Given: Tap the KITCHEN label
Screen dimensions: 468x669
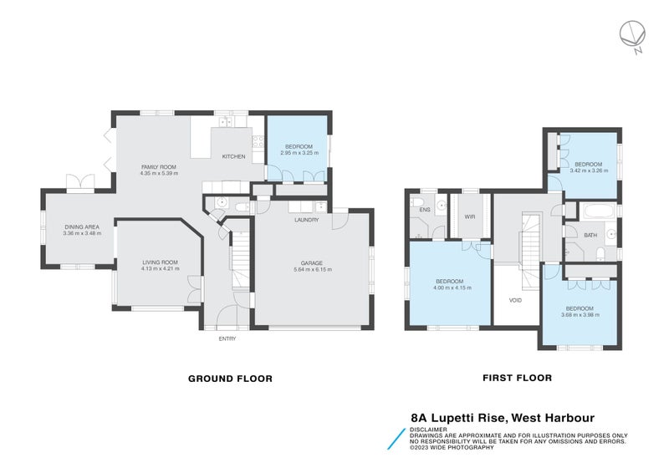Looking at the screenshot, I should (232, 157).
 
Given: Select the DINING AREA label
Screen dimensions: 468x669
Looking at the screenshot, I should (82, 226).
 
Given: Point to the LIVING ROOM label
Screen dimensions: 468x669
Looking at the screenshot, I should (159, 263).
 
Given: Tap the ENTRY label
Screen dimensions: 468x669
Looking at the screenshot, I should (227, 338).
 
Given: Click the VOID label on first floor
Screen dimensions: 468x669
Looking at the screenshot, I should (516, 298).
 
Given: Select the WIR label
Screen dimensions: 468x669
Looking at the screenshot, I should (470, 217).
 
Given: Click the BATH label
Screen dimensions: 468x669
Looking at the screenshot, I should (590, 235).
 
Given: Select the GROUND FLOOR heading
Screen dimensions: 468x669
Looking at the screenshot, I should (230, 379).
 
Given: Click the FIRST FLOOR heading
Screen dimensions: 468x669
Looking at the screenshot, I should (517, 378).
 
